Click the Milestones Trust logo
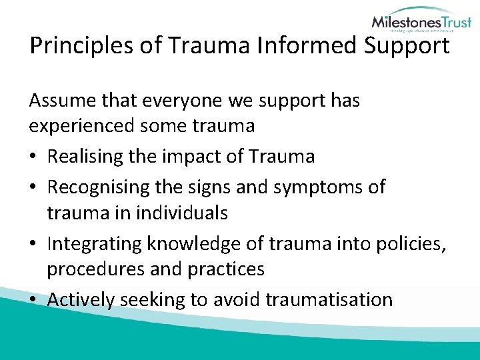pyautogui.click(x=421, y=23)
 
